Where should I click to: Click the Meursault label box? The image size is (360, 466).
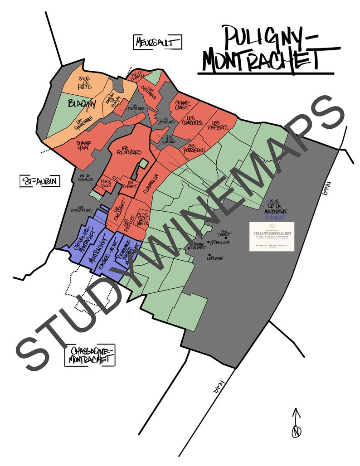(x=158, y=42)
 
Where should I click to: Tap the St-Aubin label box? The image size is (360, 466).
(x=40, y=181)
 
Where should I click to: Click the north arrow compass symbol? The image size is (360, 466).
(x=297, y=424)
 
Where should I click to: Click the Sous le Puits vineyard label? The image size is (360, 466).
(x=84, y=82)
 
